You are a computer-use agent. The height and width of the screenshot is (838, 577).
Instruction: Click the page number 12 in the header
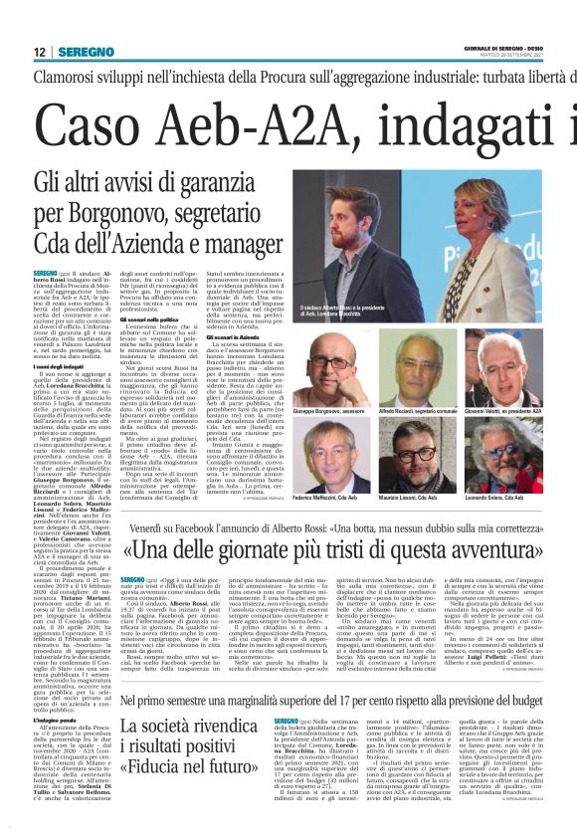40,51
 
